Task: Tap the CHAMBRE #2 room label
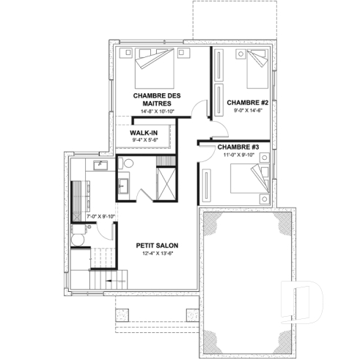point(247,102)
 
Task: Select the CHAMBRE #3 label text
point(240,147)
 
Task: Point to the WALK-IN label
point(145,132)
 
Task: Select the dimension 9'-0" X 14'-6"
point(247,110)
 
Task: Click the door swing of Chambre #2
point(220,128)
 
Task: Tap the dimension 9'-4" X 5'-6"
point(145,140)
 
